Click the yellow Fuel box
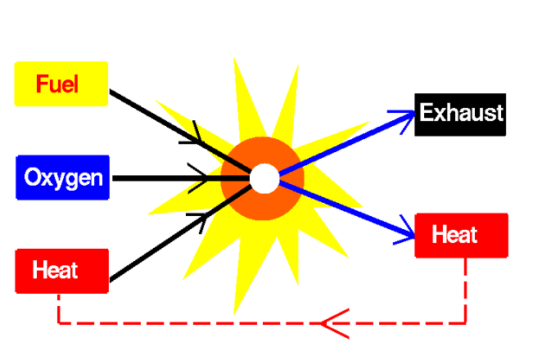point(61,83)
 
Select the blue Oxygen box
point(62,177)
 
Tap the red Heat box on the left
point(62,270)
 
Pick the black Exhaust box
point(460,113)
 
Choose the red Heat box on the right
point(461,236)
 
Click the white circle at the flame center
point(264,178)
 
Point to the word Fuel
point(57,83)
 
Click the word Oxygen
point(63,177)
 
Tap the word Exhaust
point(461,112)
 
